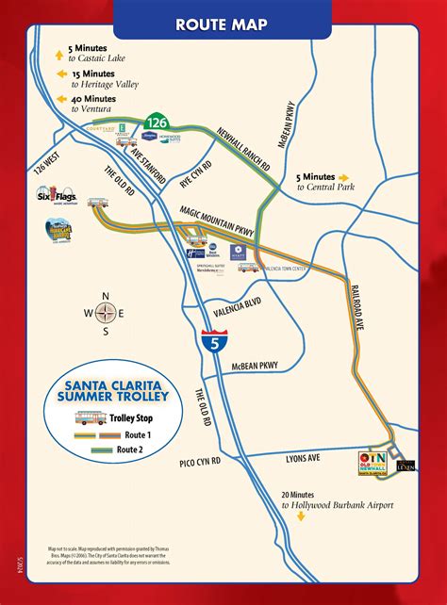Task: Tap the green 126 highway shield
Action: (x=157, y=121)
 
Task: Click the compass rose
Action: (x=106, y=314)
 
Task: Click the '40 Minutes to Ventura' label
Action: (x=99, y=103)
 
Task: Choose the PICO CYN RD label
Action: (x=201, y=461)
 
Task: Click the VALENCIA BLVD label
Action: (x=236, y=304)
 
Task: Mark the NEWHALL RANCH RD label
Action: (x=246, y=149)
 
